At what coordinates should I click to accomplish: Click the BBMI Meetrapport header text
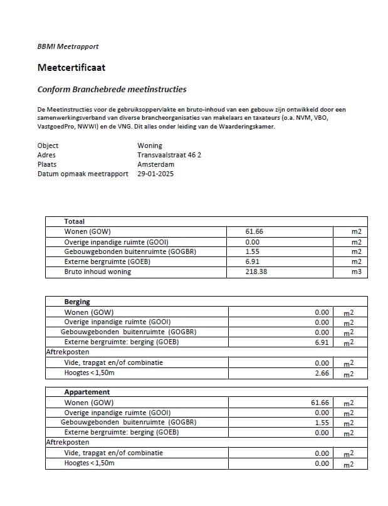68,46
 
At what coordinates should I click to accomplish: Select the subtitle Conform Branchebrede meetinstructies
112,90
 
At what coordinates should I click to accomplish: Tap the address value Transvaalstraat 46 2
169,155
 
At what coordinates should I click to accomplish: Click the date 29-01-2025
155,174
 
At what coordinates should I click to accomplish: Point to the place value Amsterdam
155,164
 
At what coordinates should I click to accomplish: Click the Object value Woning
149,145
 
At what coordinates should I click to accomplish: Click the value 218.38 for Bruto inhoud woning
256,272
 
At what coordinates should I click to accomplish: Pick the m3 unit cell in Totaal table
357,272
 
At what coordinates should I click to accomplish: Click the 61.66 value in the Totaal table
254,231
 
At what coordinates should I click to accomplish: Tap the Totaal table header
74,221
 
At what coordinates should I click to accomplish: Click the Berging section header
77,302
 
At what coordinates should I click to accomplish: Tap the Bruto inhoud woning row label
97,272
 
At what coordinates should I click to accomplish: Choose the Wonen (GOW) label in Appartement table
89,403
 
